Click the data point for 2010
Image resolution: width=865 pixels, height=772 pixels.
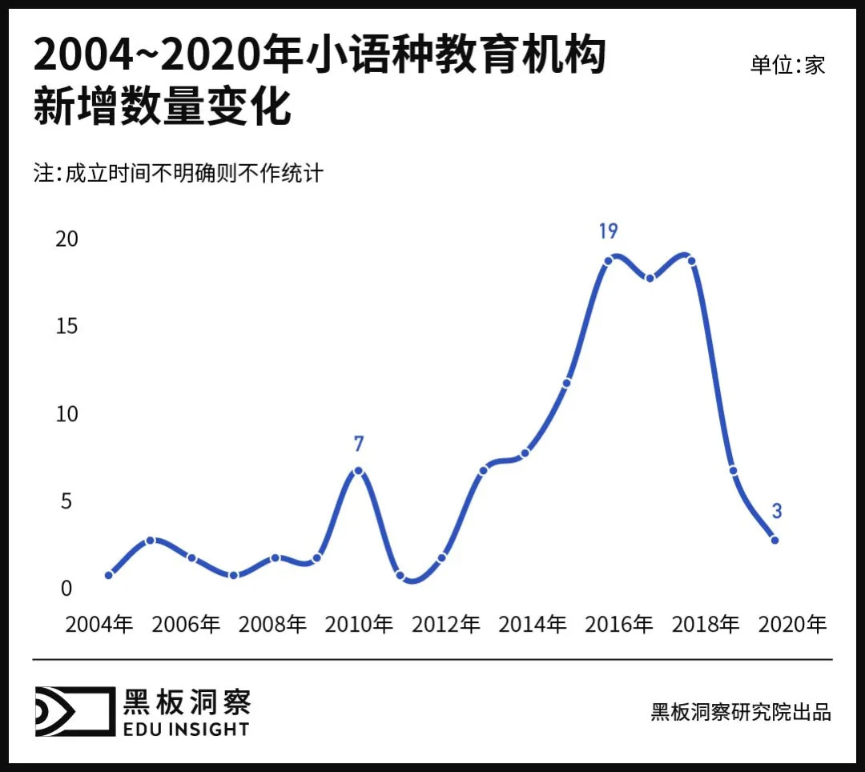[x=358, y=471]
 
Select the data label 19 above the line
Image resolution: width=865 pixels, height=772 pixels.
[x=608, y=231]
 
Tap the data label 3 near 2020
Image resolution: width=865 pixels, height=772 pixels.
[x=776, y=511]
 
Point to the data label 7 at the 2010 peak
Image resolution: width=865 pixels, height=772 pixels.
[x=359, y=444]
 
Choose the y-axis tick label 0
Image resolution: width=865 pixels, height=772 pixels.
[x=66, y=589]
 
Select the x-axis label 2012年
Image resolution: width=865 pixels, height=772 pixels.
[x=445, y=625]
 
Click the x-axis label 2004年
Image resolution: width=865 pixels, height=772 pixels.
[x=99, y=625]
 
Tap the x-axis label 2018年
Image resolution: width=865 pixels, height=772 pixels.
[x=705, y=625]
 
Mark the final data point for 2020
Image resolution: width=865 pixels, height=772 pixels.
[x=774, y=540]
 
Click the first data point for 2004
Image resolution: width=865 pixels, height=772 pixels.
[x=108, y=575]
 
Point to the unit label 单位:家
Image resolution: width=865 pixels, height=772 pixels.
[x=787, y=65]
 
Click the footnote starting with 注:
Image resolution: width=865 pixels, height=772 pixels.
[x=178, y=173]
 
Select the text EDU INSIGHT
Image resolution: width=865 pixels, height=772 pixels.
[x=186, y=729]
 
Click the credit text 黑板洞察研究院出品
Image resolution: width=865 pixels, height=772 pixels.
[x=741, y=712]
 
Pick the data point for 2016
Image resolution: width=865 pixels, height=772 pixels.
[x=608, y=261]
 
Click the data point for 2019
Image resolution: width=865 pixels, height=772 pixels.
[x=733, y=470]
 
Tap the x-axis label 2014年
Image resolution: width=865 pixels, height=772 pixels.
[x=532, y=625]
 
